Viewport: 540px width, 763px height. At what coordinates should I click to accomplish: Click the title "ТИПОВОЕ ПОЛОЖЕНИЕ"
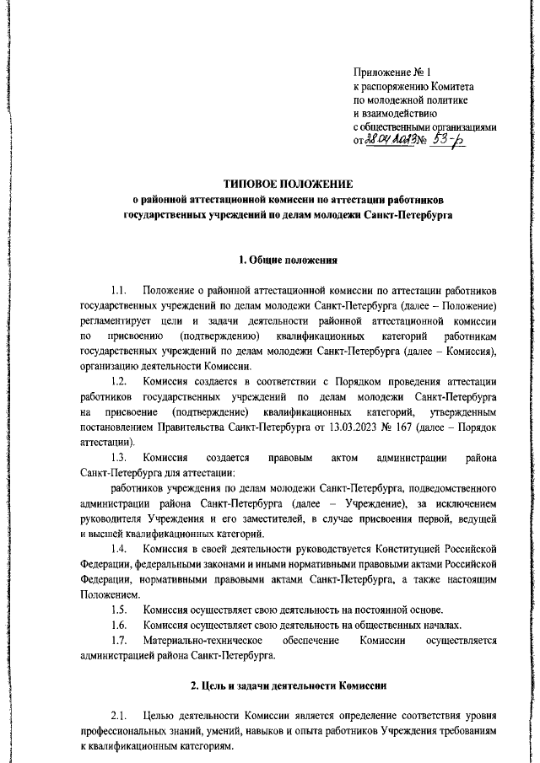[288, 183]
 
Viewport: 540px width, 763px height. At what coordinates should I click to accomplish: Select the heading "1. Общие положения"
[288, 259]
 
